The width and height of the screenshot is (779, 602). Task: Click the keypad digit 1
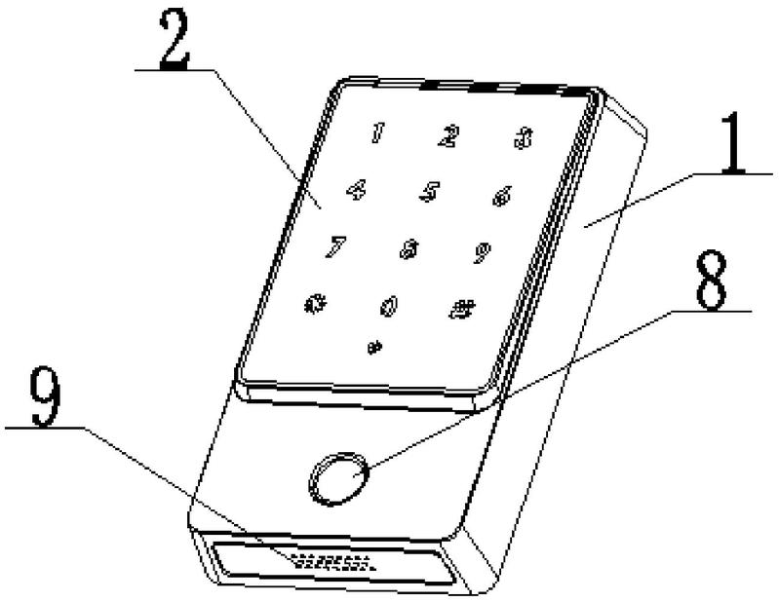coord(376,133)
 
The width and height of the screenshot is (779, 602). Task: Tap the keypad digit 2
coord(448,136)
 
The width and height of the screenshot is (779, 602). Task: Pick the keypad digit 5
coord(429,191)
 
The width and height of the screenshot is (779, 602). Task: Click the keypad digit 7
coord(335,245)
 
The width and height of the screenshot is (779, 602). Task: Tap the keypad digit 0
coord(388,307)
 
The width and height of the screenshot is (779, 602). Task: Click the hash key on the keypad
coord(460,310)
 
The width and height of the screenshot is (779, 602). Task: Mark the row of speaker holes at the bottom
coord(331,561)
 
